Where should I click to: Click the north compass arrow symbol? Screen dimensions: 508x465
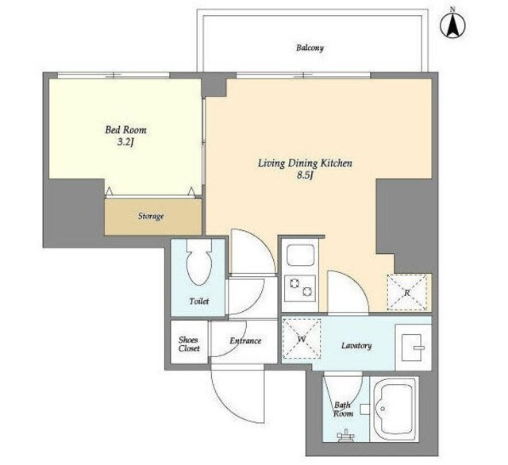[x=452, y=25]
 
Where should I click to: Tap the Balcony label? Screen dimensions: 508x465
[x=310, y=48]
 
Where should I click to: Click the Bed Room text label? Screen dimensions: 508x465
[x=125, y=130]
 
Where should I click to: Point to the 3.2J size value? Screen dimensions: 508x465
[x=125, y=143]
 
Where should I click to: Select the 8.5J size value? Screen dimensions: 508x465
[x=306, y=175]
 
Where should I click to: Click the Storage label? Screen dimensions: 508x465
[x=151, y=216]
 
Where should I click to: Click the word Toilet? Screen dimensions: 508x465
[x=199, y=302]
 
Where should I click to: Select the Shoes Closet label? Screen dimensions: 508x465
[x=189, y=344]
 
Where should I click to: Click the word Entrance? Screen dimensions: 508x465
[x=245, y=340]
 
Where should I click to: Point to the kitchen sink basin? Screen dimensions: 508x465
[x=300, y=256]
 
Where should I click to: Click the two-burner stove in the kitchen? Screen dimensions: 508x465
[x=300, y=288]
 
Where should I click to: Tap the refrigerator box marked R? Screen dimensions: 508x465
[x=407, y=293]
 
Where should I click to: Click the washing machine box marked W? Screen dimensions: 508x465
[x=302, y=339]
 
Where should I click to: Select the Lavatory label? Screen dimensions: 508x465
[x=356, y=346]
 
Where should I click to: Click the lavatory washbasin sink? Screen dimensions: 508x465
[x=413, y=348]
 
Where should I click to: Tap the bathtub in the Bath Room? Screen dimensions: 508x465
[x=394, y=409]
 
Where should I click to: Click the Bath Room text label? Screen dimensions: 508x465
[x=344, y=409]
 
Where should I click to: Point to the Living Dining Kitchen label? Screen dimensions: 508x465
[x=305, y=163]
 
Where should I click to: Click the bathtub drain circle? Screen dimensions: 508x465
[x=383, y=409]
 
